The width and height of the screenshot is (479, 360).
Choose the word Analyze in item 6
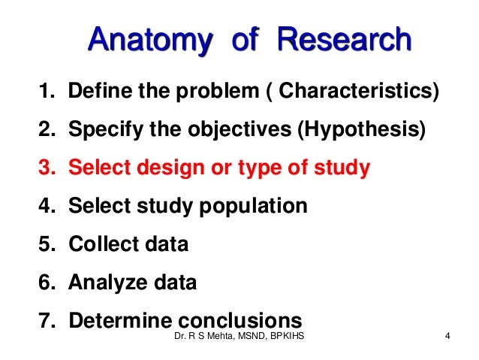click(x=104, y=283)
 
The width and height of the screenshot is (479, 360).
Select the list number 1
click(x=45, y=92)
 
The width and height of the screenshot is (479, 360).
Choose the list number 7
click(x=45, y=320)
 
